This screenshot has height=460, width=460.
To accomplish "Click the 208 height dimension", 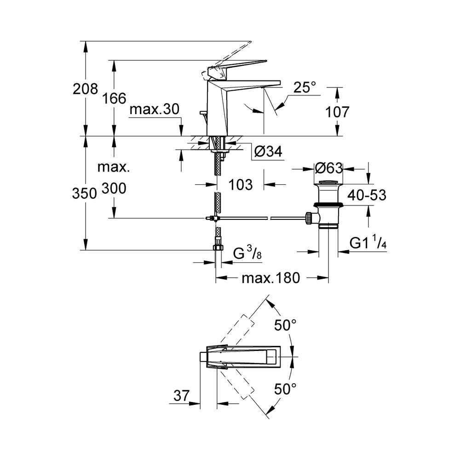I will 86,88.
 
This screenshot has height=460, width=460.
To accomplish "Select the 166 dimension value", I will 114,98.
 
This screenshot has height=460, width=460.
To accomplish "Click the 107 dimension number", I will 337,112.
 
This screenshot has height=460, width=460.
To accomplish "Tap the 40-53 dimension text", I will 367,195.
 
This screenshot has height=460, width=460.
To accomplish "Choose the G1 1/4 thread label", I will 368,243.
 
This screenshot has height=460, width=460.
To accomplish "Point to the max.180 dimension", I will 271,277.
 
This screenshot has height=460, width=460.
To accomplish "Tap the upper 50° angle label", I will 285,325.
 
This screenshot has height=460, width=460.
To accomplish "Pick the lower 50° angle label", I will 285,389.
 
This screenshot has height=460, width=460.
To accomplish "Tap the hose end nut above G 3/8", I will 218,248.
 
